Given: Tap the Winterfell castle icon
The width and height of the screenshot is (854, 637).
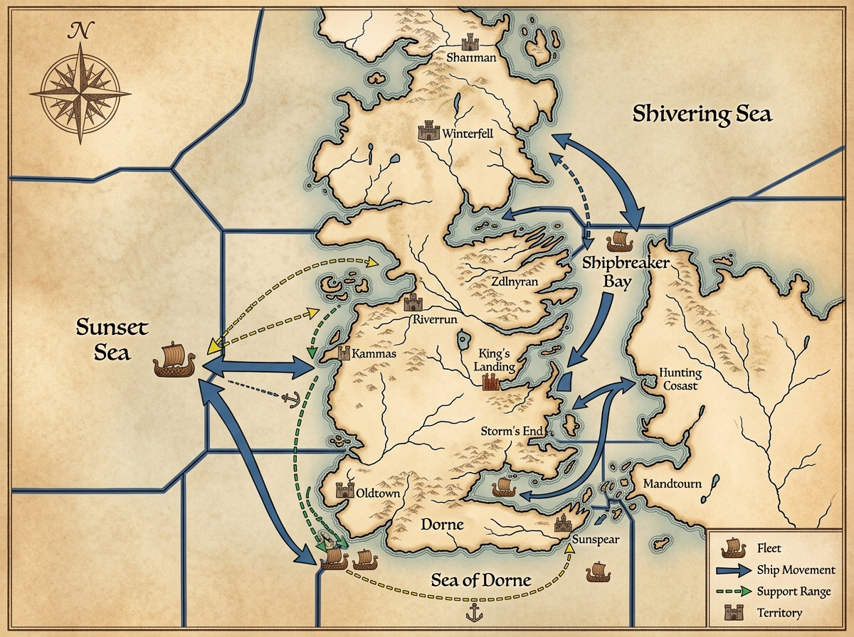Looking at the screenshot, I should [x=428, y=131].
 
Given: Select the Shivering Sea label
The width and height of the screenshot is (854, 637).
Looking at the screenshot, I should [x=702, y=114].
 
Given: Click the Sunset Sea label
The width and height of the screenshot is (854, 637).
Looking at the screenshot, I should [x=112, y=339].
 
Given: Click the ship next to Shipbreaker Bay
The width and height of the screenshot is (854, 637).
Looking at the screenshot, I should [x=618, y=241].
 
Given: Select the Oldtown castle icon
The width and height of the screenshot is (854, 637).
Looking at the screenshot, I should [x=345, y=491].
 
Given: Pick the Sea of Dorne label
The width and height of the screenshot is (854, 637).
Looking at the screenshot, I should [x=481, y=580].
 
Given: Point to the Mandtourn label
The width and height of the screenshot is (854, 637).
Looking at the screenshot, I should [x=672, y=484].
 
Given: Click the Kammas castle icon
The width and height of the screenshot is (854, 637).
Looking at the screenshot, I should [x=345, y=353].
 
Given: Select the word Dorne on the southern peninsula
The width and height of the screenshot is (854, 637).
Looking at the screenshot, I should [x=442, y=525].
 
